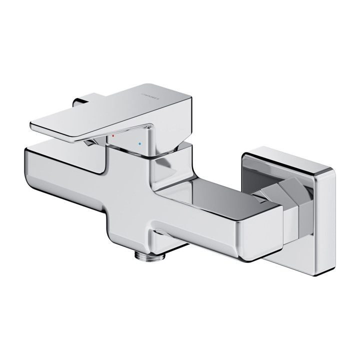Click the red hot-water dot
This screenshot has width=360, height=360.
coord(114,136)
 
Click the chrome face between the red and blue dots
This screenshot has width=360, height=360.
coord(127,139)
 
